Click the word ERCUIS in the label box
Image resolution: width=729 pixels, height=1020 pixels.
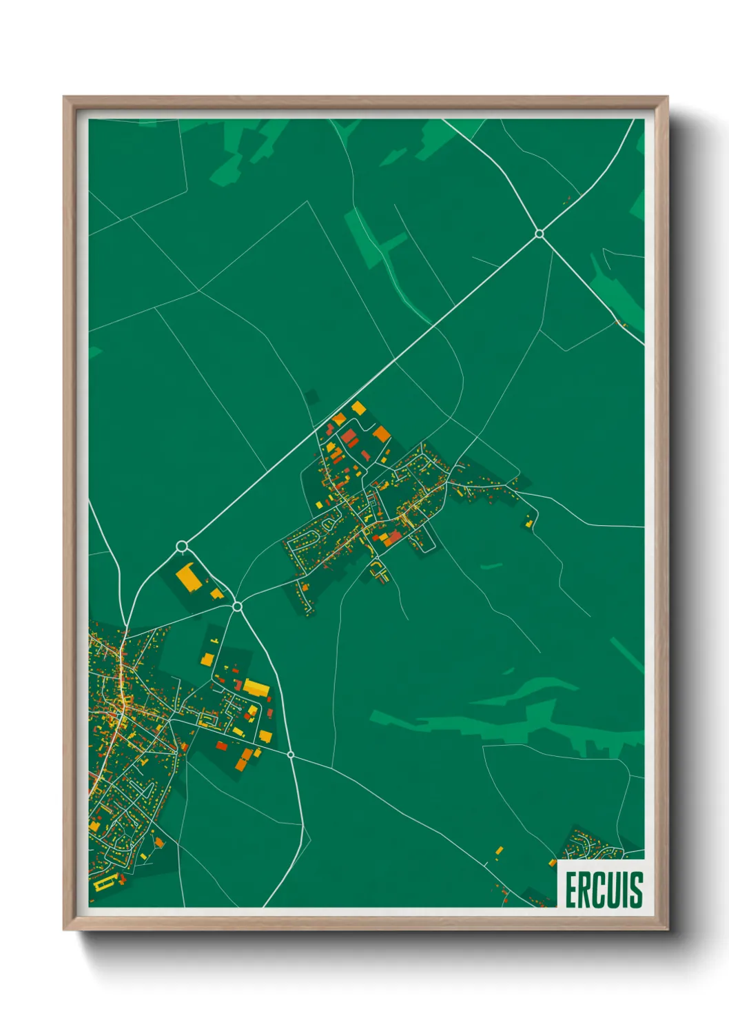(604, 889)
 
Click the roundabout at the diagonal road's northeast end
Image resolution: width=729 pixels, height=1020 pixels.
(540, 234)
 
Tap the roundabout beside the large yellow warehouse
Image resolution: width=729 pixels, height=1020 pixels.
(182, 547)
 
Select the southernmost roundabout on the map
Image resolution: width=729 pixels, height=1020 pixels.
(291, 755)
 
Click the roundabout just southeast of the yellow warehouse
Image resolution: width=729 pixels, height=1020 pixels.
(237, 606)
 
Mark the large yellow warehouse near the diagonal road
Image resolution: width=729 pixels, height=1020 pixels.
(189, 578)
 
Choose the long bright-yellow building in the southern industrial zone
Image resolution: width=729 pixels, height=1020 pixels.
(256, 687)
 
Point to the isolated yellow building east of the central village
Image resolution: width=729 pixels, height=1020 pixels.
(529, 524)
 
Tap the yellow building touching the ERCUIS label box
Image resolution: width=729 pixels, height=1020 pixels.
(553, 862)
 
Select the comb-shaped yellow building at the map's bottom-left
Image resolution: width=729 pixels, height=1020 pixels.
(103, 884)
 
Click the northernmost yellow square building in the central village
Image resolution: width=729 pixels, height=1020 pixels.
(358, 408)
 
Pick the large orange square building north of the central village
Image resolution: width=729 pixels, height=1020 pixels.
(381, 433)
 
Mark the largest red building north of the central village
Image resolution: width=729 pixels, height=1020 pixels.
(349, 436)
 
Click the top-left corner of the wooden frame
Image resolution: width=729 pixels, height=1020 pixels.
(64, 97)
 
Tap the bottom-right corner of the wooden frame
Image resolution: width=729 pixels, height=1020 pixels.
(667, 929)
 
